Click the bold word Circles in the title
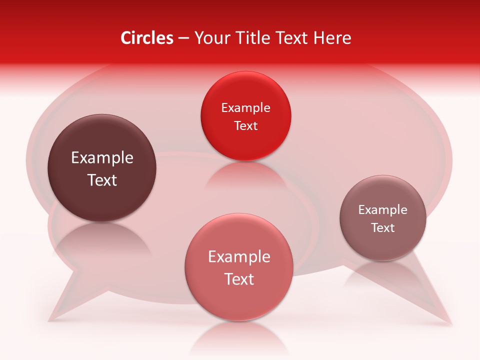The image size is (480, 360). tap(147, 38)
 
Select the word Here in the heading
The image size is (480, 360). tap(332, 38)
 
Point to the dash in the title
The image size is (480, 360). tap(183, 38)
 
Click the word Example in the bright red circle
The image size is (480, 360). tap(245, 108)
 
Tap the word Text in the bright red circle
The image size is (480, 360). tap(245, 125)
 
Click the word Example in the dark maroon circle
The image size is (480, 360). tap(102, 158)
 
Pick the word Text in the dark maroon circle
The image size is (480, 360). tap(102, 180)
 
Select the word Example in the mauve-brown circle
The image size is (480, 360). tap(383, 210)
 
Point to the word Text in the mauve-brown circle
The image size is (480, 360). tap(383, 228)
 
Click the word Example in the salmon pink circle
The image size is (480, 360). tap(239, 257)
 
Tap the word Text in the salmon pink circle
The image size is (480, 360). tap(239, 279)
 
